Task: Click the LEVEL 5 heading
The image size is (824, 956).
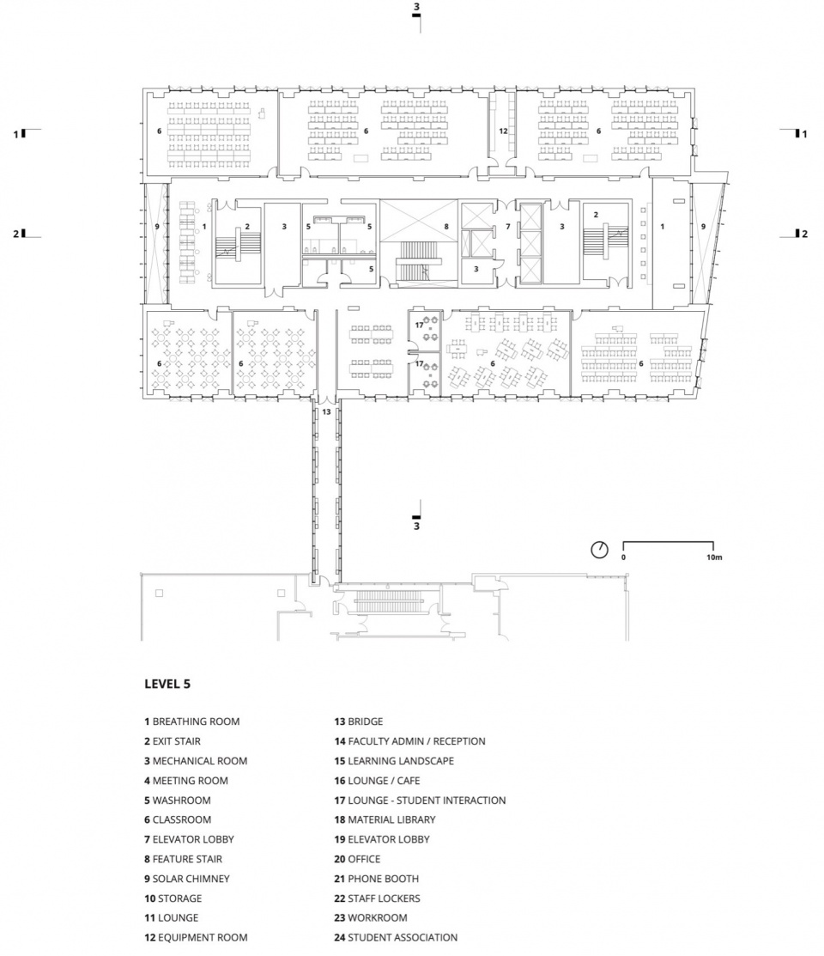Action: [167, 684]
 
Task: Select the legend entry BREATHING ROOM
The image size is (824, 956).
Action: [192, 722]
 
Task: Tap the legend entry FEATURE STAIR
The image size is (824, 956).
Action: [184, 859]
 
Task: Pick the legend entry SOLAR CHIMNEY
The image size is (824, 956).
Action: [187, 879]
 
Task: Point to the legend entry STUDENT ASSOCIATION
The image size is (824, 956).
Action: [396, 938]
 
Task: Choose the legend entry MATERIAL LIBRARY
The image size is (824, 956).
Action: [385, 820]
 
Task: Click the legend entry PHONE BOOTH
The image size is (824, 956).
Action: [376, 879]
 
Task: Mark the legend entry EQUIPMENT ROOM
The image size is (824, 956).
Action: [196, 938]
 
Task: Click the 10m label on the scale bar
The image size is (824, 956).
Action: [714, 557]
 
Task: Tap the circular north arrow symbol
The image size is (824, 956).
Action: [600, 550]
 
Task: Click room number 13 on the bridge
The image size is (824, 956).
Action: [327, 412]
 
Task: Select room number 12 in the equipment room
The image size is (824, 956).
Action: [504, 131]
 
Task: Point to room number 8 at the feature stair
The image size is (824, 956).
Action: [446, 227]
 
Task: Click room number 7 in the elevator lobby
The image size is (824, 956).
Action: [508, 227]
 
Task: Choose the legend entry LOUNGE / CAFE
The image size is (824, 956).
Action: [377, 781]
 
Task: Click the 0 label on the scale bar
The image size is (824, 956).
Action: [623, 557]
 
